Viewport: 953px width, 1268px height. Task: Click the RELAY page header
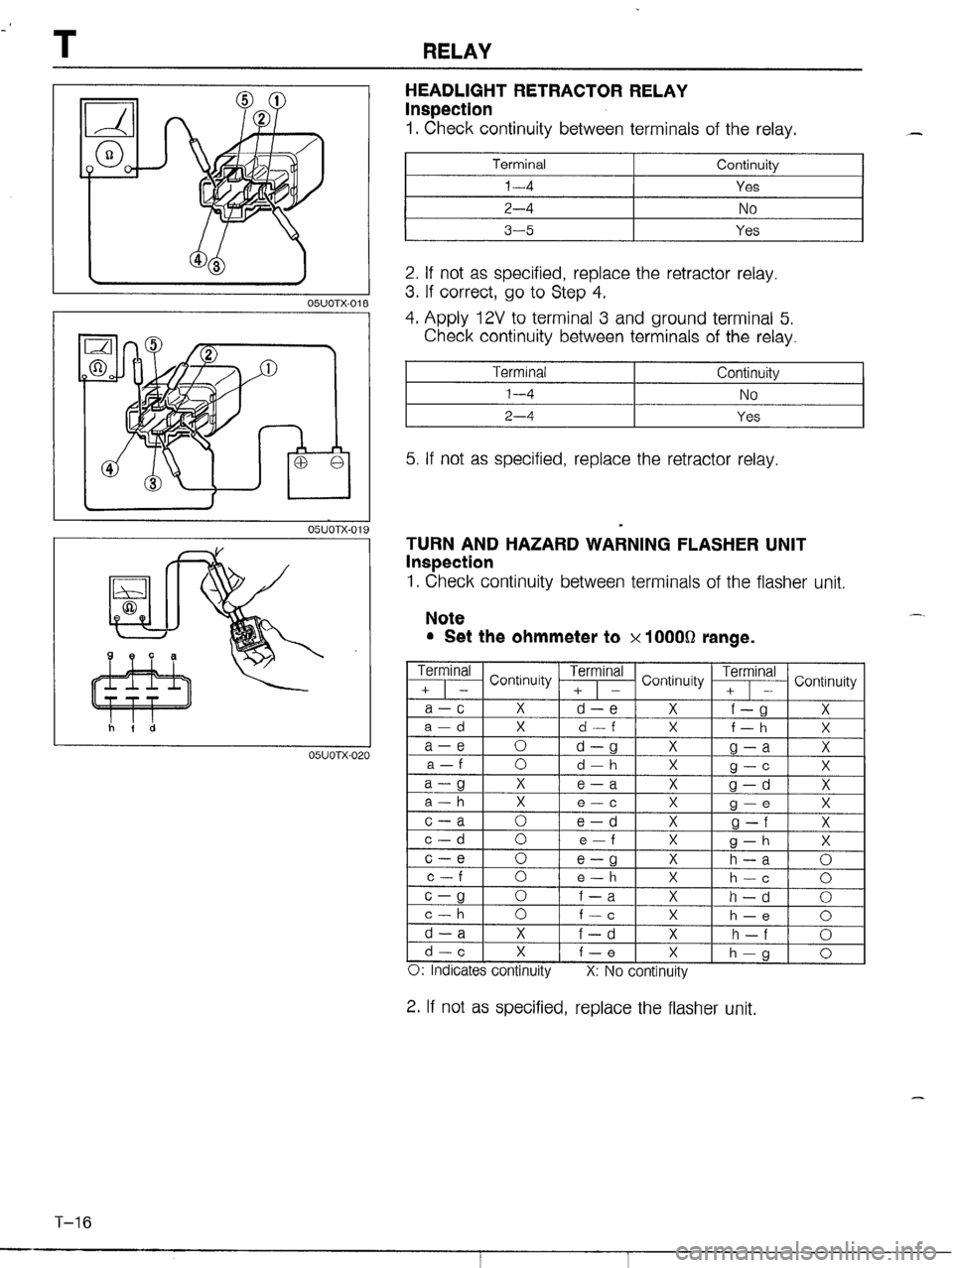pyautogui.click(x=457, y=53)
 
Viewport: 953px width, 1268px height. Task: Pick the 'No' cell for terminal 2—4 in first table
pyautogui.click(x=748, y=208)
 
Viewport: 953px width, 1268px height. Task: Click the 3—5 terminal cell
pyautogui.click(x=519, y=230)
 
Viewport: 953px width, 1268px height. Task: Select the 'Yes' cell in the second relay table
pyautogui.click(x=748, y=417)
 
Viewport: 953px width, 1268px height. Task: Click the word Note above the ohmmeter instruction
pyautogui.click(x=445, y=618)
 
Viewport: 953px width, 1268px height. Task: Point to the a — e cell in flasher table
pyautogui.click(x=445, y=746)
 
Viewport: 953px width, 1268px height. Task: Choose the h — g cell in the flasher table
pyautogui.click(x=749, y=952)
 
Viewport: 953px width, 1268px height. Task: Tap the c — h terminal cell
pyautogui.click(x=445, y=915)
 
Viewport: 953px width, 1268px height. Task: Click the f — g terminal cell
pyautogui.click(x=749, y=708)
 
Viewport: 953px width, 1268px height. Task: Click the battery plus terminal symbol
pyautogui.click(x=302, y=461)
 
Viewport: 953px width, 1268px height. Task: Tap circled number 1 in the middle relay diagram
pyautogui.click(x=269, y=367)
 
